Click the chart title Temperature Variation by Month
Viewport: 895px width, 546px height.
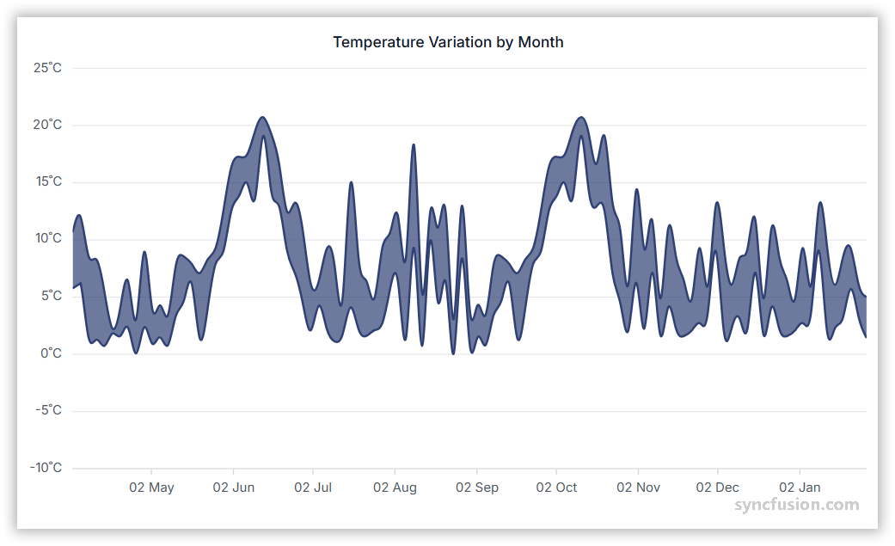point(448,42)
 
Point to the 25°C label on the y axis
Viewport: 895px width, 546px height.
point(47,68)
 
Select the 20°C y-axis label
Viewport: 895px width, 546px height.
point(47,125)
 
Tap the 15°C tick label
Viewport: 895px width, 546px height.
point(47,181)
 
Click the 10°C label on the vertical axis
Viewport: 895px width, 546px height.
point(47,238)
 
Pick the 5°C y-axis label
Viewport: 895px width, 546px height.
point(50,296)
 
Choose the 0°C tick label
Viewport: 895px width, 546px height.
point(50,353)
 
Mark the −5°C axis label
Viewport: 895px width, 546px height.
point(47,410)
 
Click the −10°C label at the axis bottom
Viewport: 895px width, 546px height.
point(45,468)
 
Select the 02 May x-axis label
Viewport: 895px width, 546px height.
point(151,488)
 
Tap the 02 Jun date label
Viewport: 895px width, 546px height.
point(234,488)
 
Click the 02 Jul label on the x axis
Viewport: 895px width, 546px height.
point(313,488)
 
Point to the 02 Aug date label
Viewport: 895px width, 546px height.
point(395,488)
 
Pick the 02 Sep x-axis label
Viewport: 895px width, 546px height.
point(476,488)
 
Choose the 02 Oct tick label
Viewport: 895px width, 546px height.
point(556,488)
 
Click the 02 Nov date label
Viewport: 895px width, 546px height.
point(638,488)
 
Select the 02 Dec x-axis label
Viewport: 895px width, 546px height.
point(717,488)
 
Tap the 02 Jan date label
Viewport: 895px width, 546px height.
point(800,488)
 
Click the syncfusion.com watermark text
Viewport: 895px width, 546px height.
point(796,506)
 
